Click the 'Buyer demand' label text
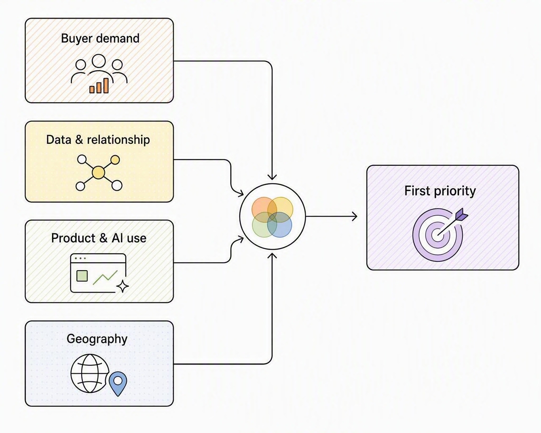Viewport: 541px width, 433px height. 100,39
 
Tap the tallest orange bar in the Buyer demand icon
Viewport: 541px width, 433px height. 106,85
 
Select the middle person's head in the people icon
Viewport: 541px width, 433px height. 98,61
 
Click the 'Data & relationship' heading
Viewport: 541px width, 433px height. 98,140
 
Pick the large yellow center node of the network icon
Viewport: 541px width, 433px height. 98,173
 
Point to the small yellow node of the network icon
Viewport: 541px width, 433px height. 115,160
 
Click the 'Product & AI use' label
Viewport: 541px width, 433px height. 98,238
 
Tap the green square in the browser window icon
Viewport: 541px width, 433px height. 82,276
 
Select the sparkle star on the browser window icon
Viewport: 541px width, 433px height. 123,286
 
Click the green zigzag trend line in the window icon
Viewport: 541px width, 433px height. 105,277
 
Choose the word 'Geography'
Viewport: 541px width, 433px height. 97,339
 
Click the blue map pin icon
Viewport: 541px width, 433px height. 118,384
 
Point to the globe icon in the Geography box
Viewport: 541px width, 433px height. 90,373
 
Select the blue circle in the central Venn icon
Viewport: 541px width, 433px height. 279,225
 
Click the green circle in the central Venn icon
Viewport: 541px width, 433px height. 265,225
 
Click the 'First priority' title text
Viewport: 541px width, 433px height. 440,191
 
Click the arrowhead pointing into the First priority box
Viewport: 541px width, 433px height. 355,216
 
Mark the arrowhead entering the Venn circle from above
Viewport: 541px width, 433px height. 272,177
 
